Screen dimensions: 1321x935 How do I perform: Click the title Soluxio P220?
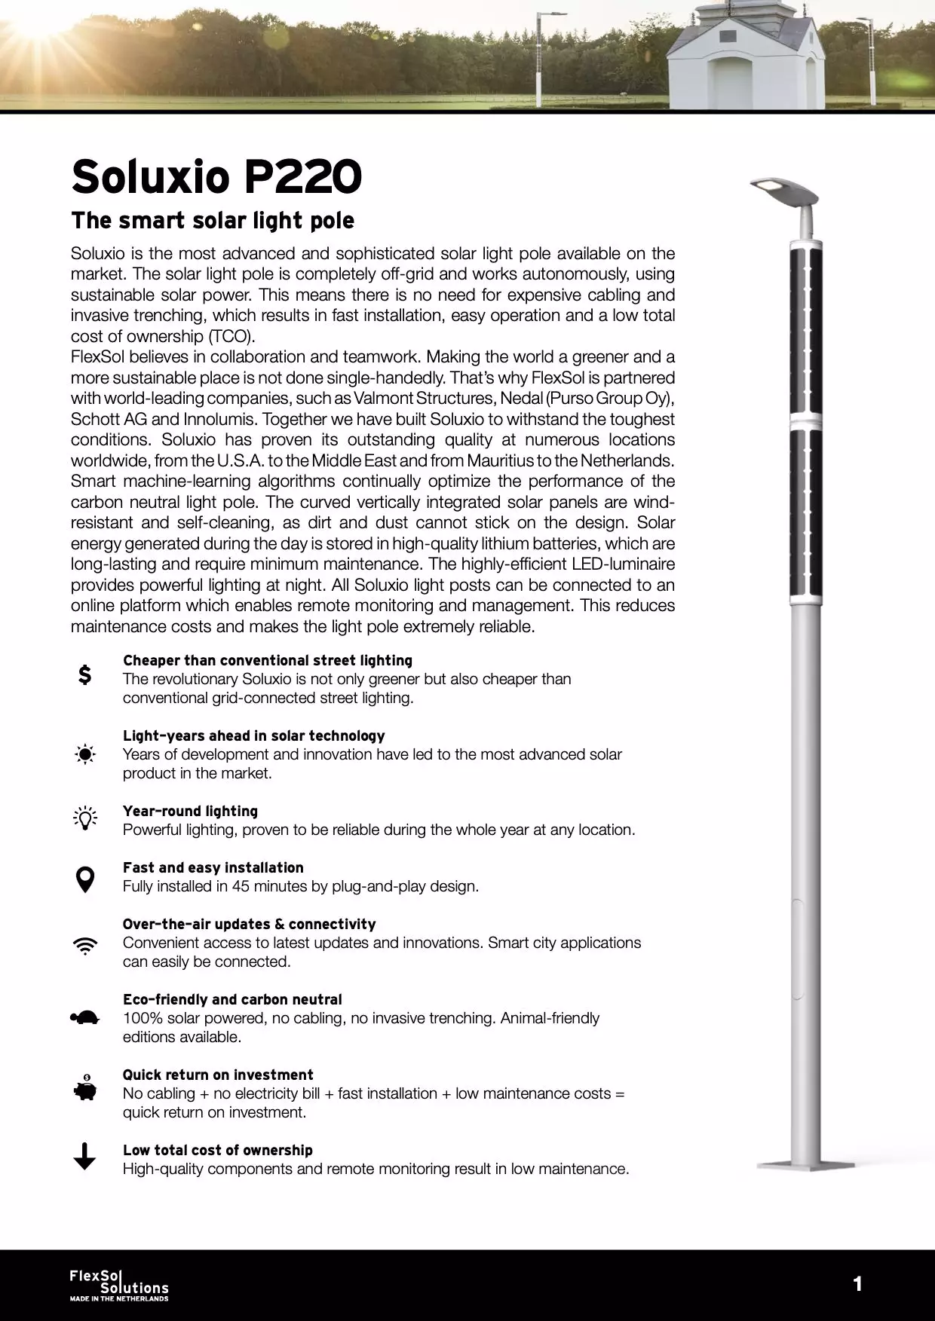[216, 176]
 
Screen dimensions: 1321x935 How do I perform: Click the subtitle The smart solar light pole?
[212, 221]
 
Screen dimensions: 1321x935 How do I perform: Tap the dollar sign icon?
[85, 674]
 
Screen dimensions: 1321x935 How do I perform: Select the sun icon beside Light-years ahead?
[85, 754]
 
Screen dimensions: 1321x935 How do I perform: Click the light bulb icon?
[85, 818]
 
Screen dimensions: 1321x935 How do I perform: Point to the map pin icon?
[85, 879]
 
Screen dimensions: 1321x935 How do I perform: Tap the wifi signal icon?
[85, 946]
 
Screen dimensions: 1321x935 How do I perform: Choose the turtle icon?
[85, 1018]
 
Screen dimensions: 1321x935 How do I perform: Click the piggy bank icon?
[85, 1088]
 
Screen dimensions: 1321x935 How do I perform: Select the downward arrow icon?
[85, 1156]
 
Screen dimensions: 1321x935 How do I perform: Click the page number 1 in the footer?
[857, 1284]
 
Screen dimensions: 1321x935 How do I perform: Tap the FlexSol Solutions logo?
[119, 1285]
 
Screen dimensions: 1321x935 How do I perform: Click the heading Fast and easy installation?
[213, 867]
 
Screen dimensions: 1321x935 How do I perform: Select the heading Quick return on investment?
[218, 1075]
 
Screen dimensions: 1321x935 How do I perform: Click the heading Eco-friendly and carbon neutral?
[232, 999]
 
